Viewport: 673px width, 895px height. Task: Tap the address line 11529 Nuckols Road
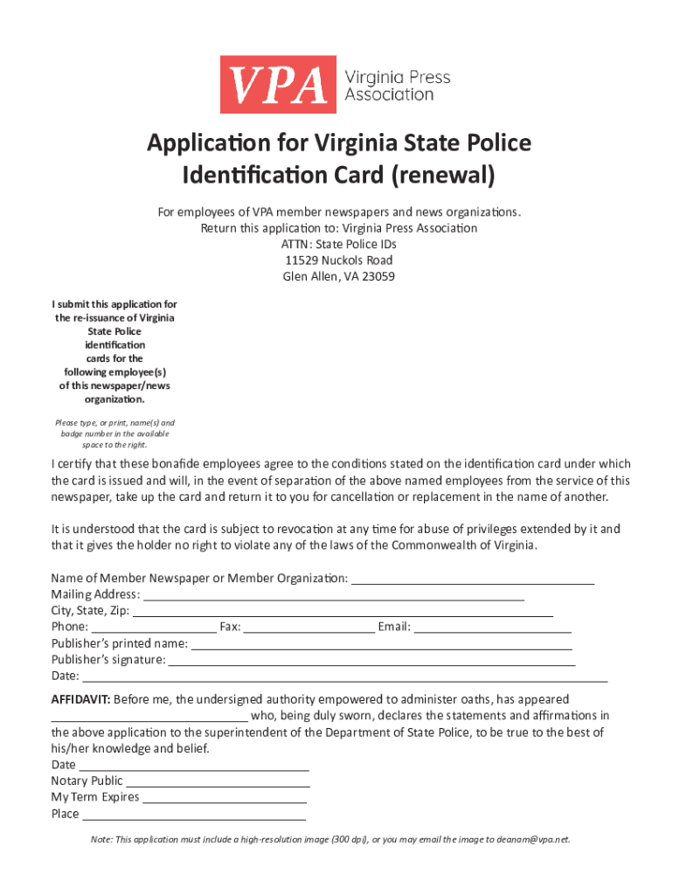(x=337, y=260)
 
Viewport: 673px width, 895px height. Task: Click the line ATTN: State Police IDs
(x=337, y=244)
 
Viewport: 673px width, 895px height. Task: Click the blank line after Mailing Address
(x=333, y=594)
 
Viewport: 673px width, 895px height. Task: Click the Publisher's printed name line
(x=381, y=643)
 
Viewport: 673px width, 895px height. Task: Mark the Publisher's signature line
(x=371, y=660)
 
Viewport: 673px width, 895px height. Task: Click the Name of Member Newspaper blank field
(x=472, y=578)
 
